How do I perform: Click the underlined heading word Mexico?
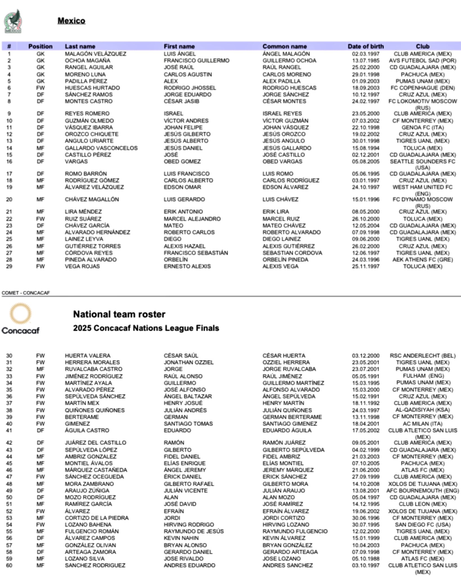pos(71,21)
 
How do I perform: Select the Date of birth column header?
pos(366,46)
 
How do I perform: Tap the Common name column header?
pos(284,46)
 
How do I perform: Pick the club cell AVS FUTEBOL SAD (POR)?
pos(422,61)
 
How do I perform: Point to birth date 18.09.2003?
pos(366,88)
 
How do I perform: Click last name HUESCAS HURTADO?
pos(92,88)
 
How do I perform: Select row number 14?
pos(9,148)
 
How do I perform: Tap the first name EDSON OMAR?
pos(182,187)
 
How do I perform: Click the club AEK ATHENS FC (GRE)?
pos(422,259)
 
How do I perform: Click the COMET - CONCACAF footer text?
pos(26,293)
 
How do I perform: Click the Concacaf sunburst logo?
pos(20,314)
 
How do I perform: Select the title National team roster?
pos(119,314)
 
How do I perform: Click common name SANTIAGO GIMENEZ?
pos(290,423)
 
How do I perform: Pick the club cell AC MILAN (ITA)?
pos(422,423)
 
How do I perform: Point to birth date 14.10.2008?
pos(366,484)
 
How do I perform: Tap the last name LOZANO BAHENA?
pos(88,524)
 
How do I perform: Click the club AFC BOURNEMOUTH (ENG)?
pos(422,491)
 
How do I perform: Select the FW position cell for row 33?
pos(40,376)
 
